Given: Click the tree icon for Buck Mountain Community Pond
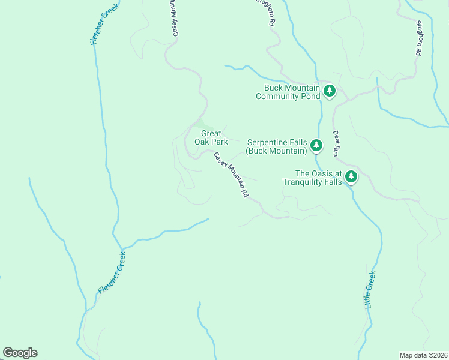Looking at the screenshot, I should [x=329, y=91].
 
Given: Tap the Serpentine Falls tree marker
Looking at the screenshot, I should [x=316, y=146].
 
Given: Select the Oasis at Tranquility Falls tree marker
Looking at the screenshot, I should [x=351, y=177].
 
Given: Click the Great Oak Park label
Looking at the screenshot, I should [x=211, y=138].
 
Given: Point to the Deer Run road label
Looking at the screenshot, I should [x=336, y=143].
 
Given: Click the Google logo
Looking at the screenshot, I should [x=20, y=353].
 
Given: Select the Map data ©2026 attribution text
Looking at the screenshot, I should [x=423, y=355].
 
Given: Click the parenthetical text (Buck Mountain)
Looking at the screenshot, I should [x=276, y=151].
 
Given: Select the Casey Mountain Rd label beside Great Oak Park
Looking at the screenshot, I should [x=231, y=175].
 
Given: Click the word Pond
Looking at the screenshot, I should [x=309, y=96].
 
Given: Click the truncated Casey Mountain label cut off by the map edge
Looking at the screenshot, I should [x=175, y=18].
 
